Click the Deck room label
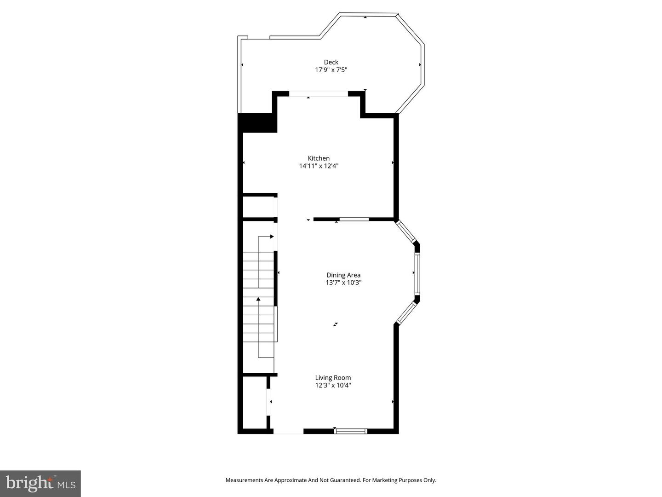(x=331, y=62)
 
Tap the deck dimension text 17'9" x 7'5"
(x=331, y=70)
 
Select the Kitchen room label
(x=319, y=158)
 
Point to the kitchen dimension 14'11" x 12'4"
(x=319, y=166)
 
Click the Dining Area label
(x=343, y=275)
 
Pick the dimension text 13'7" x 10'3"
(x=343, y=283)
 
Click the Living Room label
(x=333, y=378)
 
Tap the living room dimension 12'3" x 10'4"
(x=333, y=386)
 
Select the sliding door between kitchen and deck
(x=318, y=94)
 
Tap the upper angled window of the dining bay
(x=406, y=231)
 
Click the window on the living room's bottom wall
(x=350, y=431)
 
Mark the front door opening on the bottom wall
(x=288, y=431)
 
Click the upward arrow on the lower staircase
(x=258, y=300)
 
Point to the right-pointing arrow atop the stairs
(x=272, y=237)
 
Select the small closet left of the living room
(x=254, y=403)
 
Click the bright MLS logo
(x=40, y=483)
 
